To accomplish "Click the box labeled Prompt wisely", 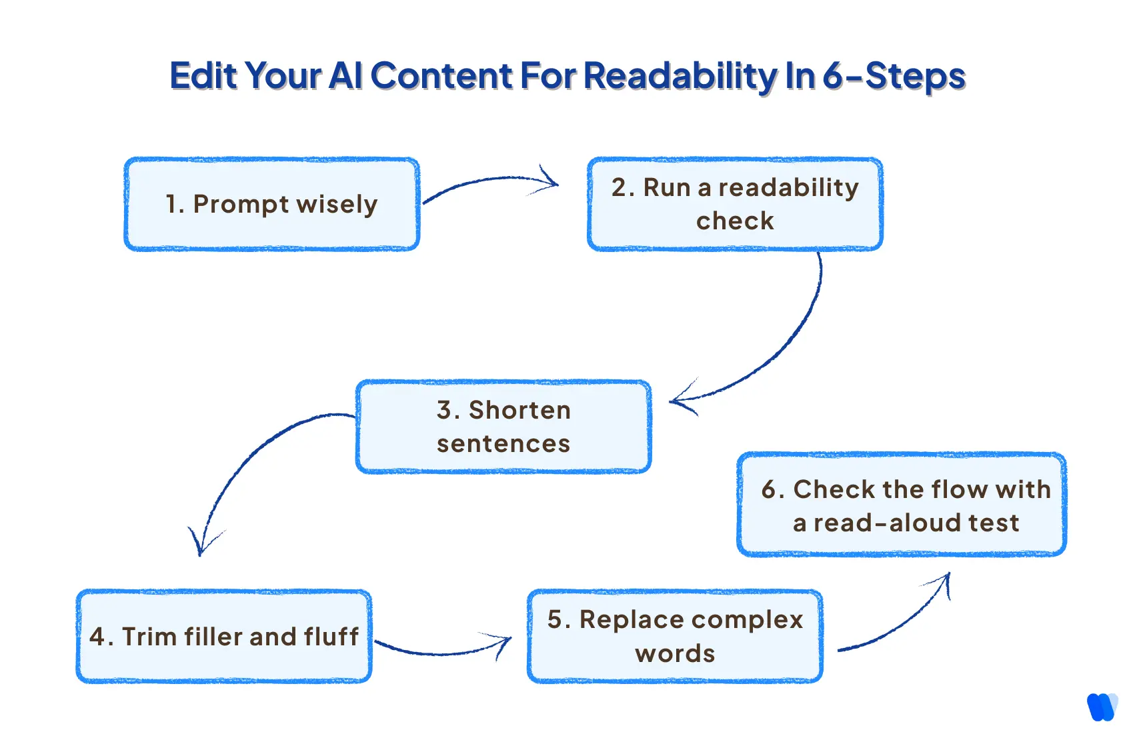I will point(271,204).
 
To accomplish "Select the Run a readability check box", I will point(735,204).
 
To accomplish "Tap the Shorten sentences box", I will point(503,427).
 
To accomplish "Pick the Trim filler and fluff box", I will point(223,636).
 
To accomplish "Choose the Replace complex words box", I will point(675,636).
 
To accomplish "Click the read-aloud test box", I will point(902,505).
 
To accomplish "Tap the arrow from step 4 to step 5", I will point(440,651).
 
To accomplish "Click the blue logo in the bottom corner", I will point(1102,707).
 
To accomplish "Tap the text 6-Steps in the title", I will point(894,76).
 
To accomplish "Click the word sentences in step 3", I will point(503,444).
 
